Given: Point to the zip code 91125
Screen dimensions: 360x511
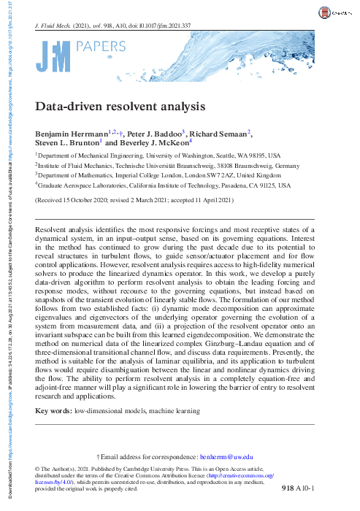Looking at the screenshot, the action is (250, 186).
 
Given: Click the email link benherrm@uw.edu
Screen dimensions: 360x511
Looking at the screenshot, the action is (229, 455).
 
